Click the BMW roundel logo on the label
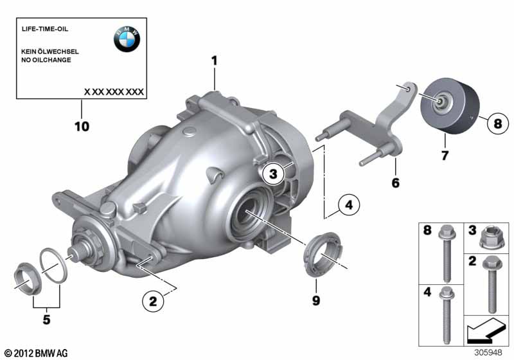[x=127, y=39]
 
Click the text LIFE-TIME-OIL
[x=45, y=29]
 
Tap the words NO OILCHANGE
[x=46, y=60]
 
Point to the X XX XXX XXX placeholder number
[x=114, y=92]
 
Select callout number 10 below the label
[x=82, y=126]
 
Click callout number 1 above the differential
[x=215, y=60]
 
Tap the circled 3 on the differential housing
[x=273, y=174]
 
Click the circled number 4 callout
[x=349, y=205]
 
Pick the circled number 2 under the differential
[x=153, y=301]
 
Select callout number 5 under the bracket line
[x=46, y=319]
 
